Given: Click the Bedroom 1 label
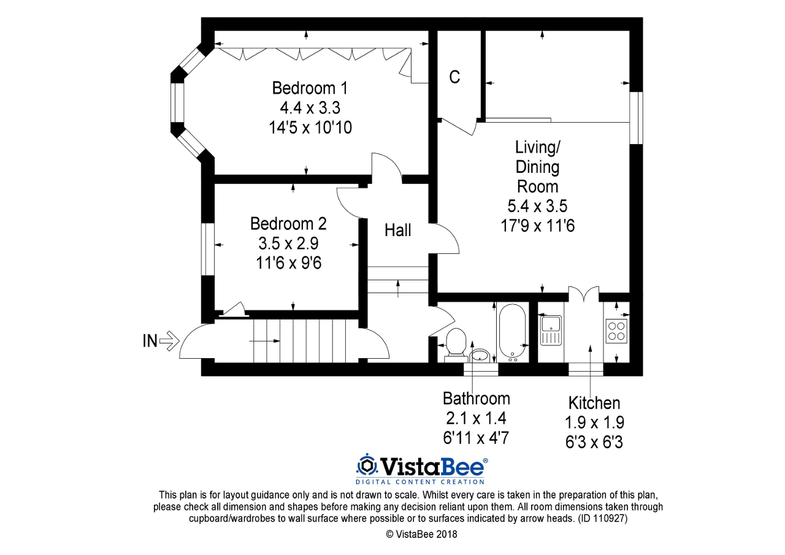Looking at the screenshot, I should [310, 88].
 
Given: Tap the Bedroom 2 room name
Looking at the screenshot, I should [288, 223].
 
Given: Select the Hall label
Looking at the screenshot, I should [398, 231].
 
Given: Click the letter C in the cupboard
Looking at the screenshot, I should [454, 77].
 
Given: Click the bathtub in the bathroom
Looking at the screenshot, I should [511, 332].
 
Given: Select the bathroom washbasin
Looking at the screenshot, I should [481, 355].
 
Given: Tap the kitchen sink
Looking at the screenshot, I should [551, 331].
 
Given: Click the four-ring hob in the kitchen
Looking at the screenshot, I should [615, 331].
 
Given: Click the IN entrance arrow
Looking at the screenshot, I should [169, 340].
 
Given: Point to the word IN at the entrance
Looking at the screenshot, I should [150, 341].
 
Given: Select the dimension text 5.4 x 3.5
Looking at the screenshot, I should [537, 206].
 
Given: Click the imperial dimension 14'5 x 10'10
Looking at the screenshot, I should [310, 128].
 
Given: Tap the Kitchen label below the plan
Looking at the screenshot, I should [594, 403].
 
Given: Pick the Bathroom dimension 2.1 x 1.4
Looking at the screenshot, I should [476, 418].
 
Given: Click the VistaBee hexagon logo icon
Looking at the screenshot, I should [367, 465].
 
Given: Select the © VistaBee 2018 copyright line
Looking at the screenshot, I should [421, 534].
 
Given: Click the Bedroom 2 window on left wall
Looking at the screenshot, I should [208, 248].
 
